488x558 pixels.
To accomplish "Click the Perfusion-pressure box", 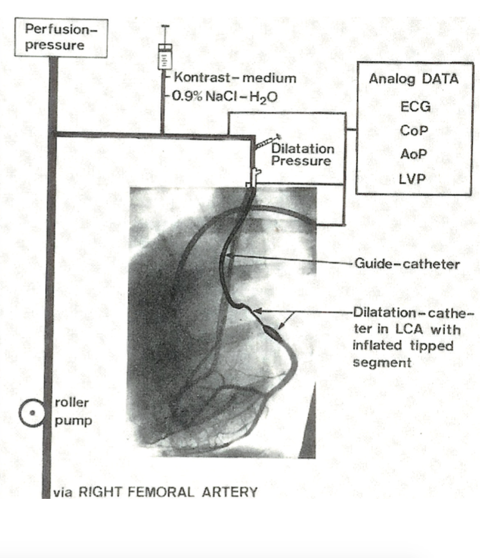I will [56, 37].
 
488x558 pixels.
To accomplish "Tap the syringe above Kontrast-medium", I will [165, 57].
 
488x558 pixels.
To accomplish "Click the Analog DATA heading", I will [413, 80].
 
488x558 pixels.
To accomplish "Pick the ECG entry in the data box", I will [414, 107].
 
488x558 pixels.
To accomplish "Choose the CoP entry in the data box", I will [413, 130].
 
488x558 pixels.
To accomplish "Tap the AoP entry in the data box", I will [413, 154].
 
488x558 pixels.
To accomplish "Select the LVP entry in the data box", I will [413, 178].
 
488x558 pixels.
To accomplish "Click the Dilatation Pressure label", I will [302, 155].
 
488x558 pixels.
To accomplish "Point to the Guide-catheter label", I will [406, 264].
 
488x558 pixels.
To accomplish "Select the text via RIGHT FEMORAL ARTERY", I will [154, 492].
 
